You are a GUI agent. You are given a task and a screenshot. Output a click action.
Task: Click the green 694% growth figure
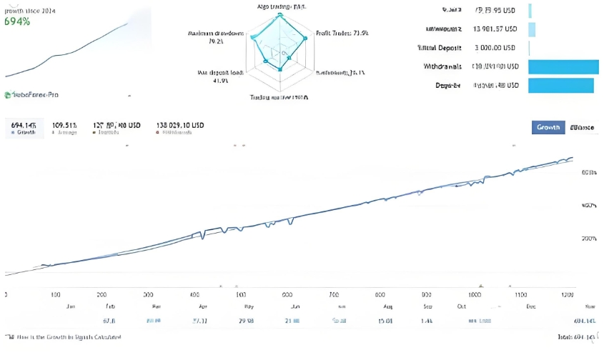click(x=17, y=21)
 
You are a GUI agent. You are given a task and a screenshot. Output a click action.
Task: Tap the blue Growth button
click(x=548, y=127)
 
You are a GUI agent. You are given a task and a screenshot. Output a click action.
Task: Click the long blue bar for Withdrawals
click(x=563, y=66)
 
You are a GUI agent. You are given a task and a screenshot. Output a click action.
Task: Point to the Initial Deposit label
click(x=441, y=48)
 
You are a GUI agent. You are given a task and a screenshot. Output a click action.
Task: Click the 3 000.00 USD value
click(x=495, y=48)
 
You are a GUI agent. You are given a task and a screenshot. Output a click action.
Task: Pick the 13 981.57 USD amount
click(x=495, y=29)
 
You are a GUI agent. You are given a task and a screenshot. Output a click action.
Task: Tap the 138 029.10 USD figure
click(x=180, y=125)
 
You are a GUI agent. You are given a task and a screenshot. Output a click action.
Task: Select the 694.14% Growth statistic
click(x=24, y=125)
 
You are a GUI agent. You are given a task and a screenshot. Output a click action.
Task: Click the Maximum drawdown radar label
click(x=215, y=37)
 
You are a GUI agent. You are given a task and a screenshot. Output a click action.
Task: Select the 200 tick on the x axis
click(x=102, y=294)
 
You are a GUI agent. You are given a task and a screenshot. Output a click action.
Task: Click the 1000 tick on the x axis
click(x=475, y=294)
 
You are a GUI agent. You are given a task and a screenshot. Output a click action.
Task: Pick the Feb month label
click(x=109, y=306)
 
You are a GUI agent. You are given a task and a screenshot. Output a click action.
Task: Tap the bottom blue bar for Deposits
click(x=560, y=85)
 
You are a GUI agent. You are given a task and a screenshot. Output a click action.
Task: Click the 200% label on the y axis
click(x=590, y=238)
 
